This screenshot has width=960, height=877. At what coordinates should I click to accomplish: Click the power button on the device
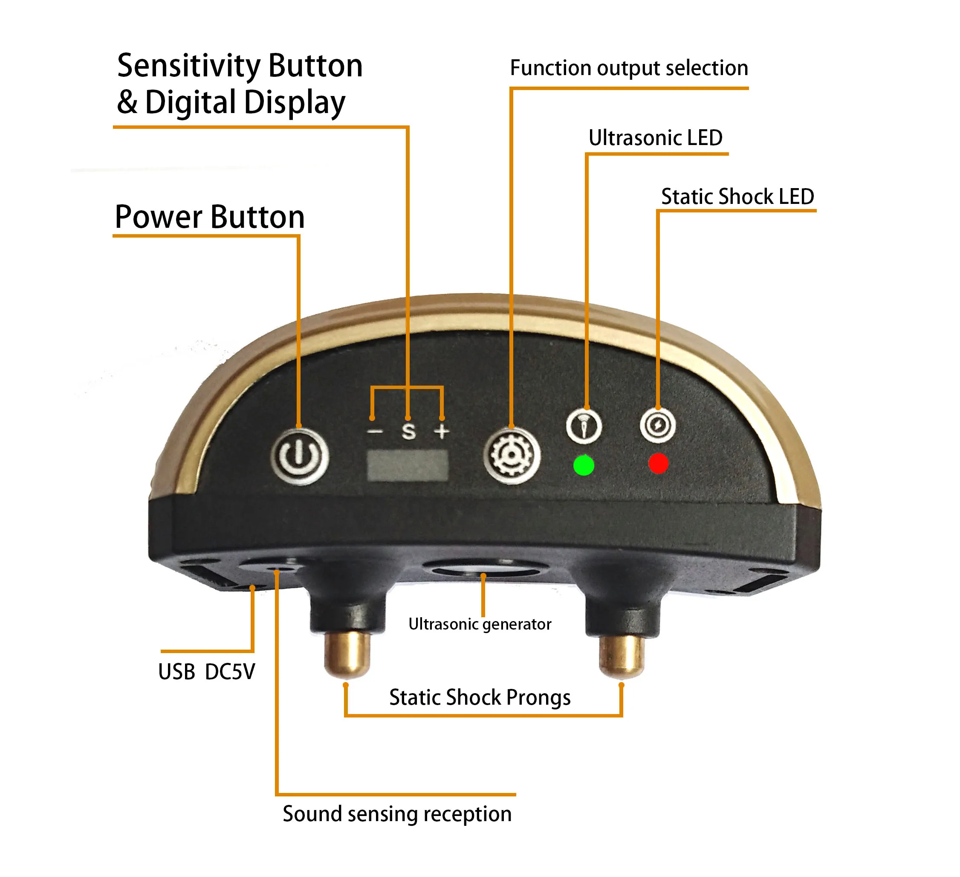pyautogui.click(x=300, y=456)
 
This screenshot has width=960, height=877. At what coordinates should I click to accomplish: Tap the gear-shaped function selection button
pyautogui.click(x=512, y=456)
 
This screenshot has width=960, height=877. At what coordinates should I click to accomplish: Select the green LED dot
pyautogui.click(x=584, y=465)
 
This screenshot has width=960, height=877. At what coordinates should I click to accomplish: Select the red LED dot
pyautogui.click(x=659, y=463)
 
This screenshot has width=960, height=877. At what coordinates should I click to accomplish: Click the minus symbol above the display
pyautogui.click(x=375, y=432)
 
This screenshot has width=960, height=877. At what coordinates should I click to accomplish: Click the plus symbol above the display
pyautogui.click(x=442, y=431)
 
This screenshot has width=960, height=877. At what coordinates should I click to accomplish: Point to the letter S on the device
pyautogui.click(x=408, y=431)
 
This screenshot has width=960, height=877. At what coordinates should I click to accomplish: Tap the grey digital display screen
pyautogui.click(x=408, y=465)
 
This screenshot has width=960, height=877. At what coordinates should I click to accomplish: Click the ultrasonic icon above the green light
pyautogui.click(x=584, y=426)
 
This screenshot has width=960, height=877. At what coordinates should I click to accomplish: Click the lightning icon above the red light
pyautogui.click(x=658, y=425)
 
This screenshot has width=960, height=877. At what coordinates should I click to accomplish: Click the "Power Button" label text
pyautogui.click(x=210, y=217)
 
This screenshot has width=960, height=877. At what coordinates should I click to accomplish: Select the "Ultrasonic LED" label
pyautogui.click(x=655, y=138)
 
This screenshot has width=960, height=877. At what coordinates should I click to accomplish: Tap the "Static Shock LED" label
pyautogui.click(x=737, y=196)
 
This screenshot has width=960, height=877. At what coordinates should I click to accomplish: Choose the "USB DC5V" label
pyautogui.click(x=207, y=672)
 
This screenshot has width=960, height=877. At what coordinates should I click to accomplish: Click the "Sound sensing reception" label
pyautogui.click(x=397, y=813)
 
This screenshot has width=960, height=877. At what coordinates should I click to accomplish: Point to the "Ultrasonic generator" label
pyautogui.click(x=480, y=624)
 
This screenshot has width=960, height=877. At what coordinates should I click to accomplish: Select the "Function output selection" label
pyautogui.click(x=629, y=68)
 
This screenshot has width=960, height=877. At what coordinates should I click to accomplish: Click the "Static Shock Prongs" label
pyautogui.click(x=480, y=697)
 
